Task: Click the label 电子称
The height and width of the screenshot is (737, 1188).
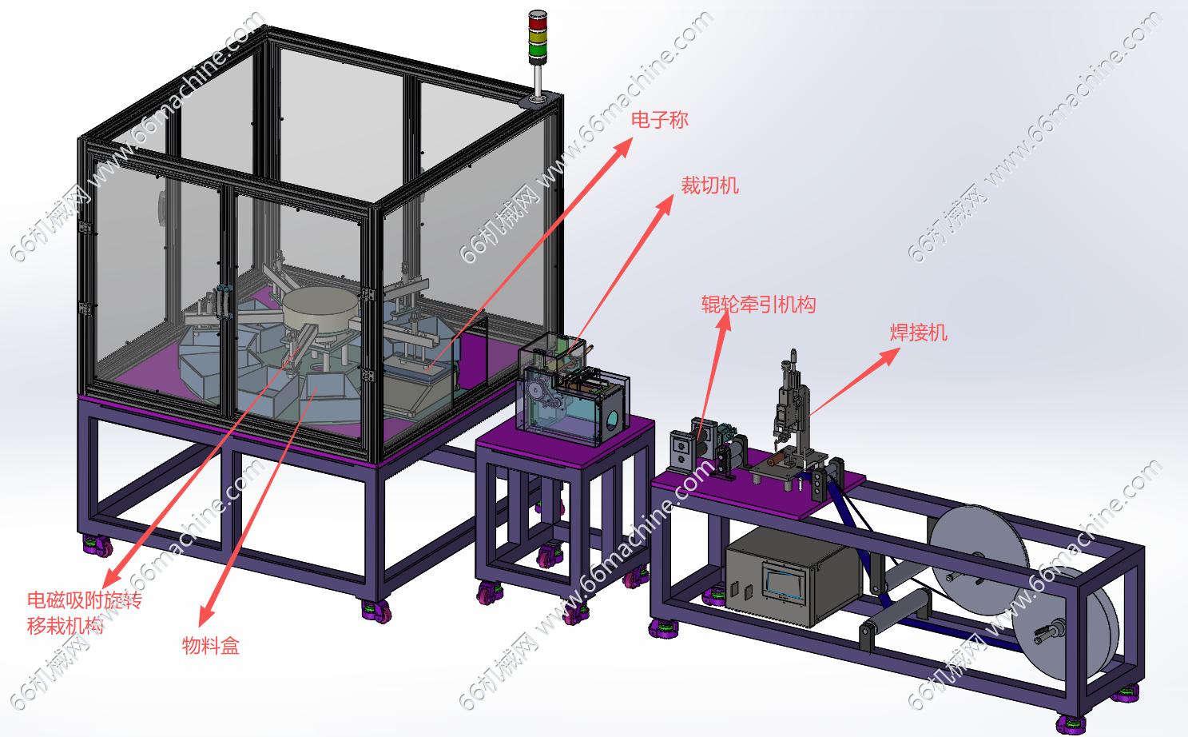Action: click(659, 120)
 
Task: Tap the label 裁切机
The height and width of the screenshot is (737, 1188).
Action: click(709, 185)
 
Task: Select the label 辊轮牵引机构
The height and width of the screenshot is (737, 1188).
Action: click(758, 305)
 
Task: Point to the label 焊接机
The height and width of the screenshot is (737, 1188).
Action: click(919, 333)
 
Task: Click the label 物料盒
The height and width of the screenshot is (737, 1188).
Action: click(211, 646)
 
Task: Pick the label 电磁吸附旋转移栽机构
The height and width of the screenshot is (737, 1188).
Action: click(85, 613)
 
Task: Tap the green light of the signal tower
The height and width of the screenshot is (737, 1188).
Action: click(537, 51)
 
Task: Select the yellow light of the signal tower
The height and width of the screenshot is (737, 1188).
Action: click(537, 37)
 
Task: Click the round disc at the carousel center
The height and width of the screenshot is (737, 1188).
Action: click(320, 309)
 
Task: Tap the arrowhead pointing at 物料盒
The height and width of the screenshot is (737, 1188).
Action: click(205, 616)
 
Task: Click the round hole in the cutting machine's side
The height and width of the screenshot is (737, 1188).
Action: click(612, 420)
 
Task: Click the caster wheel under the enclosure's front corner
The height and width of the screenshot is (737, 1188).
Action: click(377, 612)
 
